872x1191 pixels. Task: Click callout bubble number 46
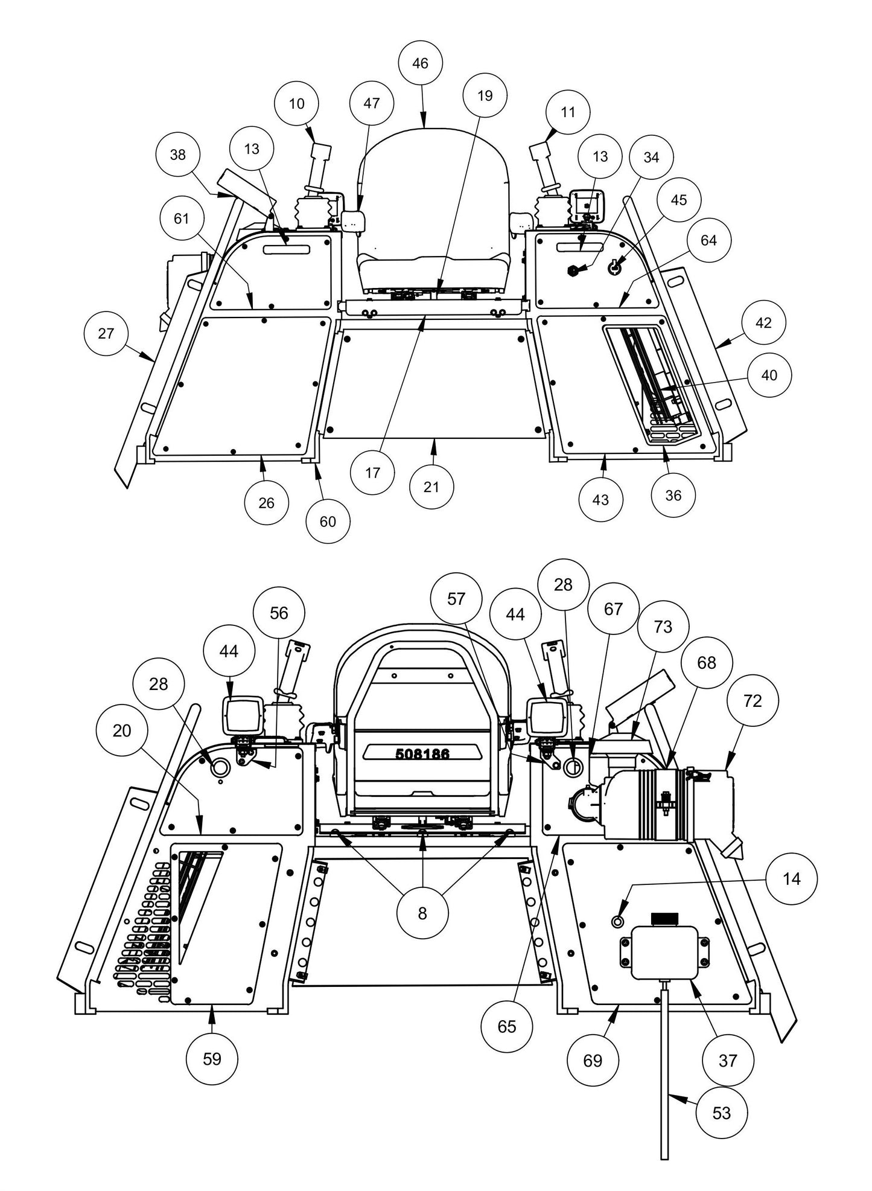(421, 63)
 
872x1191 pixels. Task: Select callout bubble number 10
(297, 104)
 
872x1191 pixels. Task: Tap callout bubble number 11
(568, 112)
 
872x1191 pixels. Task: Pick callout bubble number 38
(178, 155)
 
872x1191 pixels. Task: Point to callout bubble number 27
(106, 333)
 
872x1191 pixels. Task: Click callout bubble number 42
(763, 323)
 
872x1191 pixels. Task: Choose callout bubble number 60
(328, 521)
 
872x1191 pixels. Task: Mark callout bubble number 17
(373, 473)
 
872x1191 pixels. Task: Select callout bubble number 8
(422, 913)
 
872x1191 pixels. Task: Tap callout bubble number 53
(722, 1113)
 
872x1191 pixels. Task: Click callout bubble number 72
(753, 701)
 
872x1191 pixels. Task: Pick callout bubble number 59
(212, 1058)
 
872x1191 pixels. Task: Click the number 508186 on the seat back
(422, 754)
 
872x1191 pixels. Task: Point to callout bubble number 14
(791, 879)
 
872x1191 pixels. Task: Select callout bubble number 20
(122, 731)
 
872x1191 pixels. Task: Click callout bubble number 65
(507, 1026)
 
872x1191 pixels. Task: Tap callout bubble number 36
(673, 496)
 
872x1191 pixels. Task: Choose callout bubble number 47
(372, 103)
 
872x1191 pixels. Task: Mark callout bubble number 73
(663, 627)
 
